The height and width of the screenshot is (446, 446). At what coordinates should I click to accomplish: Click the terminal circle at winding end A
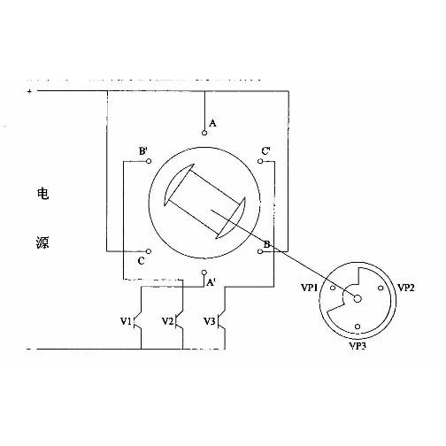coord(204,133)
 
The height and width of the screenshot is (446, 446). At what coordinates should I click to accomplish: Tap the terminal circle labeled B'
coord(149,161)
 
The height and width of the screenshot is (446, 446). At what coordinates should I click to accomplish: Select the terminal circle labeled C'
coord(260,161)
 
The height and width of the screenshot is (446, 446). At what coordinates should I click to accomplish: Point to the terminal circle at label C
coord(149,251)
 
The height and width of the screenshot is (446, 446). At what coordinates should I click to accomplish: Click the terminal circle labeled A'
coord(204,273)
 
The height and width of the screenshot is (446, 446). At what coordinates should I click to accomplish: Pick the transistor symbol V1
coord(139,321)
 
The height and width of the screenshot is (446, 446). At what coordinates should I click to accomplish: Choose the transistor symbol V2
coord(180,321)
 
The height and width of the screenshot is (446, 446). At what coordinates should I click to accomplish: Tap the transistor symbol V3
coord(222,321)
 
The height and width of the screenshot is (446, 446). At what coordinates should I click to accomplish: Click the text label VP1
coord(309,288)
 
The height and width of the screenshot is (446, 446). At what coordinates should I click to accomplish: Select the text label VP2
coord(406,288)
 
